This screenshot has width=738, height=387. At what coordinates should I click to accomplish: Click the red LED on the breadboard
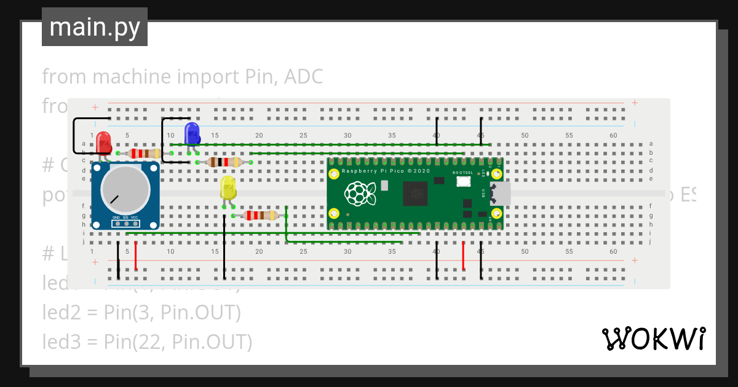(103, 141)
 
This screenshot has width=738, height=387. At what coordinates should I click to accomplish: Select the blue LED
(192, 133)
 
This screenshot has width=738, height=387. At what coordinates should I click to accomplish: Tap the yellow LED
(228, 188)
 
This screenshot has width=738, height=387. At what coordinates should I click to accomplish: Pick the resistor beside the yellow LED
(260, 216)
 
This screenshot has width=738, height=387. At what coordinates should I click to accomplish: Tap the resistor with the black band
(224, 162)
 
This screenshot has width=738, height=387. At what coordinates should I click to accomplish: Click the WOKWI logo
(653, 339)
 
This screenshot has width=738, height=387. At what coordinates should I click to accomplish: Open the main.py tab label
(95, 27)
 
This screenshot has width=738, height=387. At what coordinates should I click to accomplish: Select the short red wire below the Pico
(463, 256)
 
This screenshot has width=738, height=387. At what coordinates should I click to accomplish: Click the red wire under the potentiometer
(135, 256)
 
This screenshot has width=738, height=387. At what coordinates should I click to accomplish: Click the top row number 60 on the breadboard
(613, 135)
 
